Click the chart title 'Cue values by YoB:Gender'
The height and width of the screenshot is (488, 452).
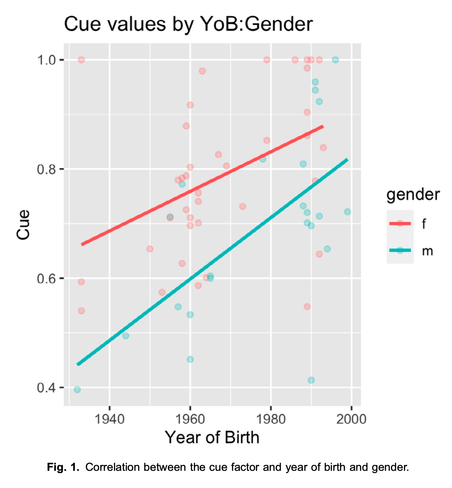tap(188, 24)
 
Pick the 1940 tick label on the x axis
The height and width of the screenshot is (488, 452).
tap(109, 419)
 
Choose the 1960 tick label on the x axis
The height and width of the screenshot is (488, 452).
tap(190, 419)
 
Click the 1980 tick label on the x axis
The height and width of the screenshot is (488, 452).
tap(271, 419)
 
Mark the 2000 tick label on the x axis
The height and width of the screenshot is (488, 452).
tap(351, 419)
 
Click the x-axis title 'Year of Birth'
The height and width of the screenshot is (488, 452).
tap(212, 438)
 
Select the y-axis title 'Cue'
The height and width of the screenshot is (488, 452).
tap(23, 224)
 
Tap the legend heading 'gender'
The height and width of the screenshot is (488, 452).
tap(413, 194)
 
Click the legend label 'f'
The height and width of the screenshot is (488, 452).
tap(424, 224)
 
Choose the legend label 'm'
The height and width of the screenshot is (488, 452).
tap(427, 251)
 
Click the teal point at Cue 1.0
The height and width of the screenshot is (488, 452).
tap(335, 60)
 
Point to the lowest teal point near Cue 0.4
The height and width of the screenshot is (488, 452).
tap(77, 390)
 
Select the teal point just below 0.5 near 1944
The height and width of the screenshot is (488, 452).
tap(126, 336)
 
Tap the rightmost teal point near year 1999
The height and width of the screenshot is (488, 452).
tap(347, 212)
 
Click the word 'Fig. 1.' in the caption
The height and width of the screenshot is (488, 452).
tap(63, 467)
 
